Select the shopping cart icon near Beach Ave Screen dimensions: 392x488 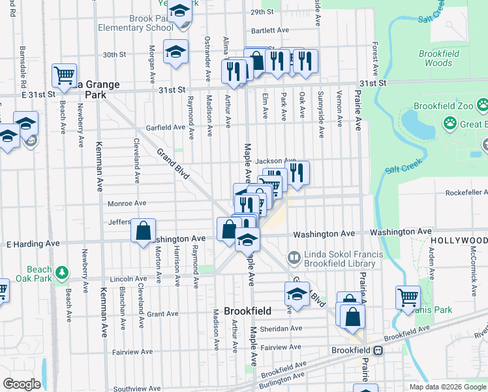[64, 75]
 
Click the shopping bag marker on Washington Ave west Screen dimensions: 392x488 [143, 230]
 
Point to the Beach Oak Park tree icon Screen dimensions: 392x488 [61, 271]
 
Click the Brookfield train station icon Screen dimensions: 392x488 [378, 350]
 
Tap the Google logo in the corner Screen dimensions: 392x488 [22, 384]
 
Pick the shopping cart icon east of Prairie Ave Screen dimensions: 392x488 [408, 297]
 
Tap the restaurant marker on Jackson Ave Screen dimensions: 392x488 [297, 171]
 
